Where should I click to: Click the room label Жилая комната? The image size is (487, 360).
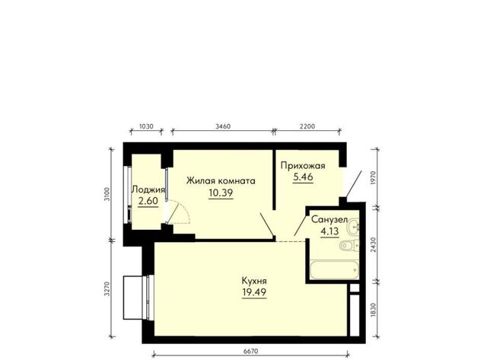click(221, 181)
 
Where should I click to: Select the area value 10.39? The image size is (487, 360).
click(221, 193)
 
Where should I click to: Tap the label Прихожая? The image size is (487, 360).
click(303, 166)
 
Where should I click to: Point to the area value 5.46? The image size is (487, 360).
click(303, 177)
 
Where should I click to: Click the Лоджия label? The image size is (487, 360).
click(148, 190)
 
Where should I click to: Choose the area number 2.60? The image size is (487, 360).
click(148, 201)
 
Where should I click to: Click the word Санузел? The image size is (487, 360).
click(329, 220)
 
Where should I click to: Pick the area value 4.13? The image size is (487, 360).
click(329, 231)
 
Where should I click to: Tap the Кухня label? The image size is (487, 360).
click(254, 281)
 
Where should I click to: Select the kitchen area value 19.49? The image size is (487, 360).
click(254, 292)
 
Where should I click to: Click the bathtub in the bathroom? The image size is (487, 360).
click(335, 270)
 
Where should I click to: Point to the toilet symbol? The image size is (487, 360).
click(349, 246)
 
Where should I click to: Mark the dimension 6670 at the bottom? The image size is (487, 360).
click(250, 352)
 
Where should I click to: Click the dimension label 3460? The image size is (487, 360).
click(223, 126)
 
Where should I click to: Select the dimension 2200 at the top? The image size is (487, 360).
click(307, 126)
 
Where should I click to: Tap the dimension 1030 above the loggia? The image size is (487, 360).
click(146, 126)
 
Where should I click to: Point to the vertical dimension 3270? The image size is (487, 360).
click(107, 288)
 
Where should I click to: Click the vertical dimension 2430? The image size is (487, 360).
click(374, 244)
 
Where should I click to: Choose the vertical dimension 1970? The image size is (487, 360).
click(374, 178)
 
